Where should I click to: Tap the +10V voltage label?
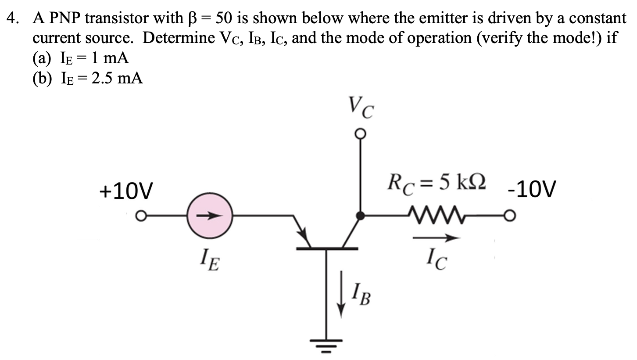pyautogui.click(x=125, y=191)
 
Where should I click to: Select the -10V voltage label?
pyautogui.click(x=531, y=191)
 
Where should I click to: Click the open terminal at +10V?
pyautogui.click(x=140, y=216)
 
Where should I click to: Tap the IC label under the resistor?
pyautogui.click(x=436, y=262)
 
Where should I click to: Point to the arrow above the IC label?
pyautogui.click(x=436, y=238)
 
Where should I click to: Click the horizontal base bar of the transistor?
pyautogui.click(x=327, y=248)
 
